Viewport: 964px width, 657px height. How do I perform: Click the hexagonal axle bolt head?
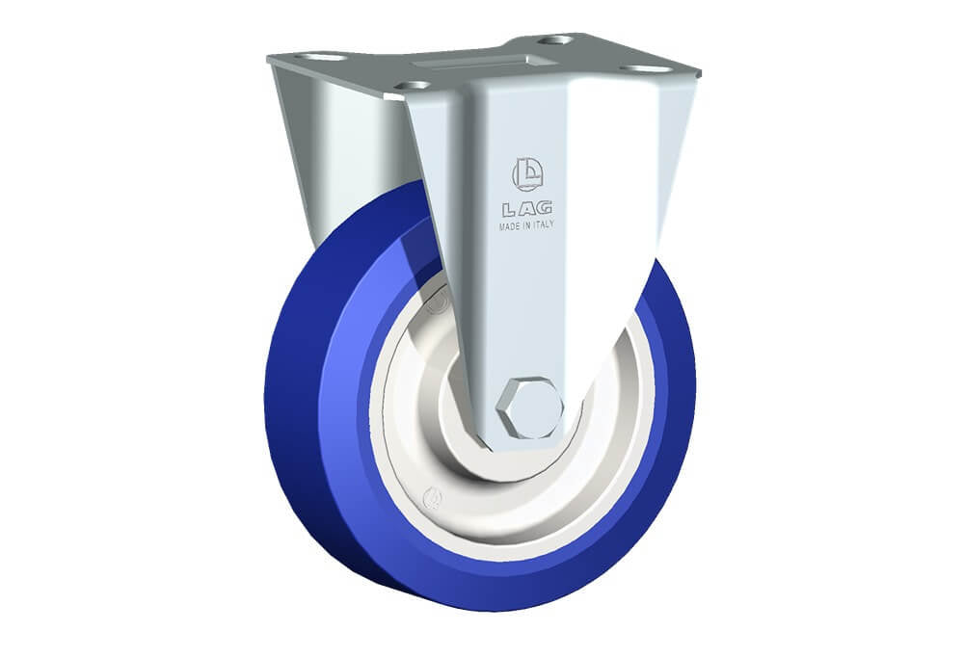tap(529, 407)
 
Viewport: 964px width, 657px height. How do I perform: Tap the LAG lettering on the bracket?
tap(527, 209)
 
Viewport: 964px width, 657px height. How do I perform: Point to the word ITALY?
tap(543, 225)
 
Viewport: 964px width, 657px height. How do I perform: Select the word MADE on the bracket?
tap(510, 226)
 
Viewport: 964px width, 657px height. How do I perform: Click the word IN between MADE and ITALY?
tap(526, 226)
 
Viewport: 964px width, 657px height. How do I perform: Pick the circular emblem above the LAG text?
tap(527, 174)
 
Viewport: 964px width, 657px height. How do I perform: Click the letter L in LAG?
tap(510, 210)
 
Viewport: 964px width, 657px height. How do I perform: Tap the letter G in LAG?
tap(544, 208)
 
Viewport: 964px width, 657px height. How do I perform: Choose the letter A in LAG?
tap(526, 209)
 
